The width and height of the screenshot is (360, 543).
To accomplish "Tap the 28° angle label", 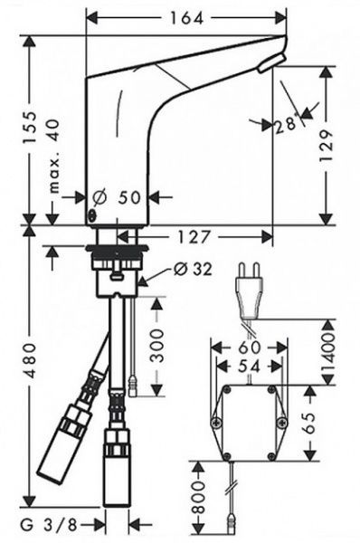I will [x=287, y=125].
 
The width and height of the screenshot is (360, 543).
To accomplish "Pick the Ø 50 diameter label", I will [x=119, y=197].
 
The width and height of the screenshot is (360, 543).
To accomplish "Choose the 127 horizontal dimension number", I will [x=193, y=236].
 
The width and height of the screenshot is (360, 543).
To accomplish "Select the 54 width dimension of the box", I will [x=248, y=368].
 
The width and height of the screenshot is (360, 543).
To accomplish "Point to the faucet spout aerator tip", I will [x=270, y=63].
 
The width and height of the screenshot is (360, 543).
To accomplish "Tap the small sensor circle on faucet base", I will [x=91, y=215].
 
